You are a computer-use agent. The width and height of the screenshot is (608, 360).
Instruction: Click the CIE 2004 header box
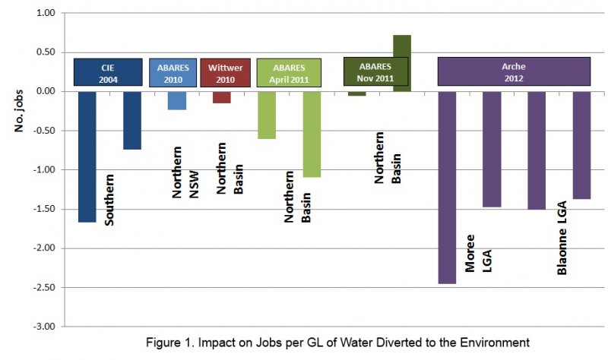(x=108, y=72)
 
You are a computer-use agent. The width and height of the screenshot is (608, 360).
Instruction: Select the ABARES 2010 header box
(x=173, y=72)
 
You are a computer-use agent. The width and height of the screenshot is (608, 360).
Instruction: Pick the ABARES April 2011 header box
(x=289, y=72)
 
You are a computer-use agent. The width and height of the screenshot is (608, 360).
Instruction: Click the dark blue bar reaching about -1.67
(x=87, y=156)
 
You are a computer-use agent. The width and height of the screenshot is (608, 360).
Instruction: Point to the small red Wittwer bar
(x=222, y=96)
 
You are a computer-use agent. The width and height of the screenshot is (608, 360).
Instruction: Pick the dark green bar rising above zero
(x=402, y=63)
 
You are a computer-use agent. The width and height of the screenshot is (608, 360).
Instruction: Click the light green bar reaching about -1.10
(x=312, y=134)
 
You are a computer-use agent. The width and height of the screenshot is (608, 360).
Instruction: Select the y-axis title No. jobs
(x=21, y=109)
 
